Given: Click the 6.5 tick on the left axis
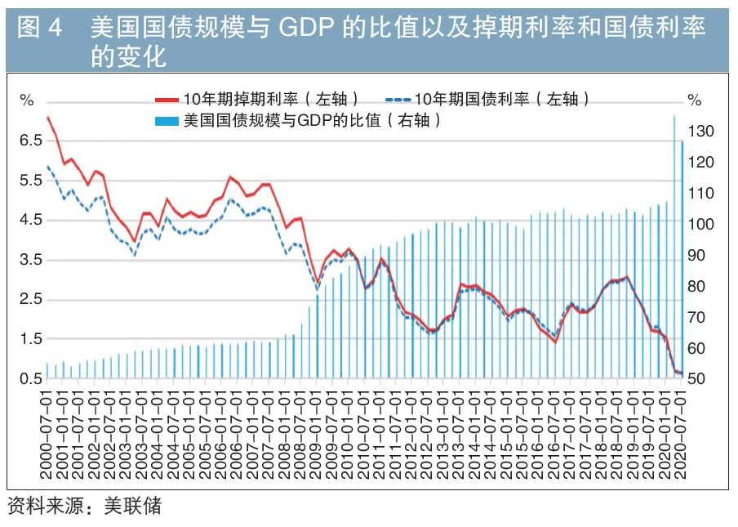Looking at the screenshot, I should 29,141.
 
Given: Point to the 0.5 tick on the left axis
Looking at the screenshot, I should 29,379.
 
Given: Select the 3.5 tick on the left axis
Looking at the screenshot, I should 29,260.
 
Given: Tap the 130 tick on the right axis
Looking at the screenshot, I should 702,132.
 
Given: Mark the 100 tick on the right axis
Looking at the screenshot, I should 702,225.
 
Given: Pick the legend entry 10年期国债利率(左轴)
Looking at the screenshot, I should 501,99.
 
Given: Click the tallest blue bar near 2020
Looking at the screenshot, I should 674,245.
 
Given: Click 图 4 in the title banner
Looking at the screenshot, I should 39,29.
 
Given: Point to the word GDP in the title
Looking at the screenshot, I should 308,29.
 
